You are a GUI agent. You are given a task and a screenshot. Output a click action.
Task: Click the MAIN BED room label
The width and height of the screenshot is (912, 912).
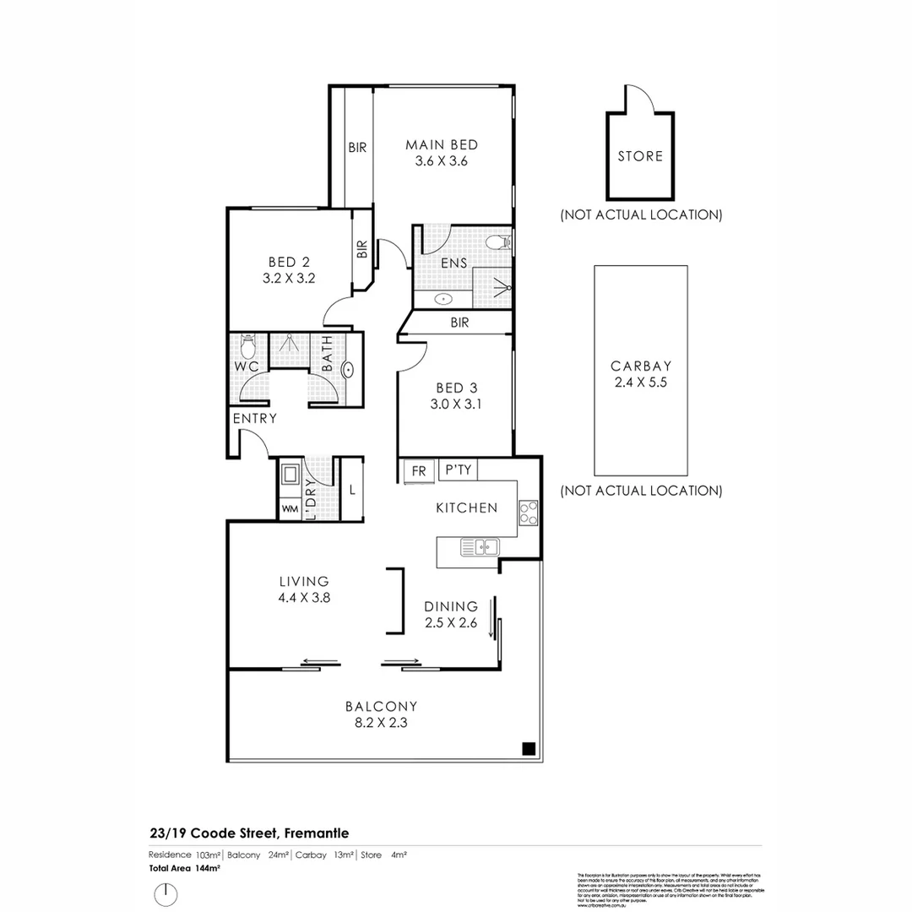click(442, 144)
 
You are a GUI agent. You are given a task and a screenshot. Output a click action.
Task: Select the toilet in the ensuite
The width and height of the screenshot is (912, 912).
click(498, 243)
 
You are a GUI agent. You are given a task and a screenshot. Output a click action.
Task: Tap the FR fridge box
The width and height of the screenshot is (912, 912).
click(419, 470)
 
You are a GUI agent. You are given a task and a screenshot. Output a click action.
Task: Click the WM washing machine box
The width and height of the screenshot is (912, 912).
click(290, 509)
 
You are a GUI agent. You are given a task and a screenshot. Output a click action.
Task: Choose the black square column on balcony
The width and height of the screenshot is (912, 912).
click(528, 748)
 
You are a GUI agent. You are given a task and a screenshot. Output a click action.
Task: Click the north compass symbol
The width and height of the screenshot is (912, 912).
click(167, 892)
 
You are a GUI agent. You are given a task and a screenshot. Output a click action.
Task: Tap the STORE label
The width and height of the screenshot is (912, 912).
click(640, 156)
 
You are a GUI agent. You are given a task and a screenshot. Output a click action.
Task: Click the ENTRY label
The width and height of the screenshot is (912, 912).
click(255, 418)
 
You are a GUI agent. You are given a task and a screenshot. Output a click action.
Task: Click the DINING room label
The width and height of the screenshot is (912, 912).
click(451, 606)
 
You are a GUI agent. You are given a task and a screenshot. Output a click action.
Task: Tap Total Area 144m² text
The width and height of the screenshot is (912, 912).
click(184, 867)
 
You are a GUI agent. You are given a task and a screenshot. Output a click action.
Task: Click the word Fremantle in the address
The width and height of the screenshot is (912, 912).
click(318, 833)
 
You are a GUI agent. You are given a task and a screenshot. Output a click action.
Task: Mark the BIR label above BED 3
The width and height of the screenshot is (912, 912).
click(459, 323)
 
